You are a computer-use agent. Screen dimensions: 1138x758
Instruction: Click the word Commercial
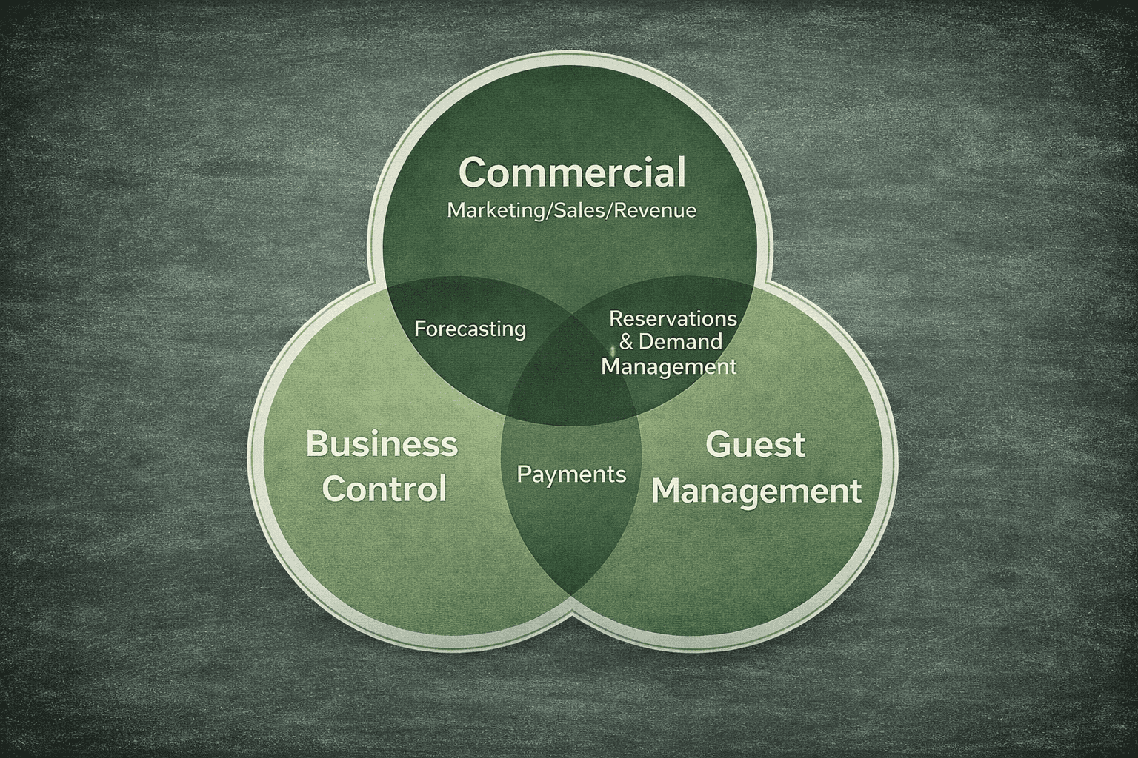pos(571,172)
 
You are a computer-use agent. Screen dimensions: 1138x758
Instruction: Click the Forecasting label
pos(470,329)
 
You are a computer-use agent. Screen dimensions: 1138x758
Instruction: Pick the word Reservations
pos(672,318)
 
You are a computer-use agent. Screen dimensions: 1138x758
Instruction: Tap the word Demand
pos(679,342)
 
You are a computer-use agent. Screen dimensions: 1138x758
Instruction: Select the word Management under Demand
pos(668,366)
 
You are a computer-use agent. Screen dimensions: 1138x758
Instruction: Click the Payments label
pos(571,474)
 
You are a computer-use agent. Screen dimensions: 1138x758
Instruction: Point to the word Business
pos(382,445)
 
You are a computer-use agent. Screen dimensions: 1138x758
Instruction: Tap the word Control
pos(385,489)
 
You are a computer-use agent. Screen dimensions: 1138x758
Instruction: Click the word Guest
pos(755,445)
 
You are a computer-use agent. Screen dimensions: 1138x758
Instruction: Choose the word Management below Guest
pos(756,491)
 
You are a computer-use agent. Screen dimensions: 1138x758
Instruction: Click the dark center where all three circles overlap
pos(571,385)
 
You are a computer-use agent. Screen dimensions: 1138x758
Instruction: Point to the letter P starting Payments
pos(522,474)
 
